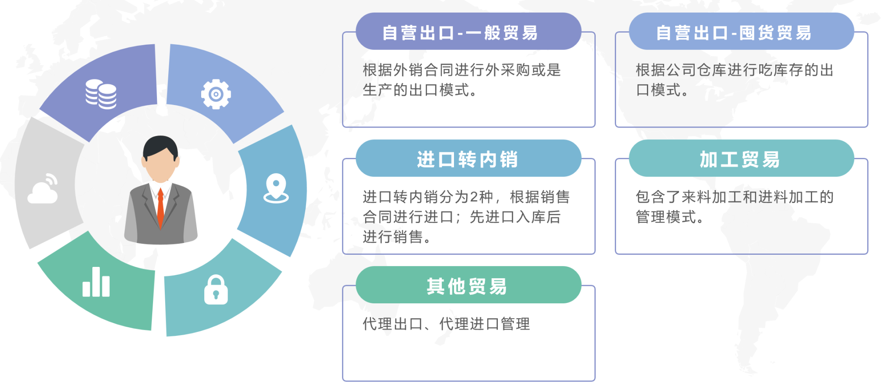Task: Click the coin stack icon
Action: click(101, 94)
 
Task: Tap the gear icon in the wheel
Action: click(215, 94)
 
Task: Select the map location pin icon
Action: click(276, 188)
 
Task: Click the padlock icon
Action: click(216, 290)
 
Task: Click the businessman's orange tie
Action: click(160, 206)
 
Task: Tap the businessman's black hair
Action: click(160, 145)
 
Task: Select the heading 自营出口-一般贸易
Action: click(460, 33)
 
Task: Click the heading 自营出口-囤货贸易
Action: click(734, 33)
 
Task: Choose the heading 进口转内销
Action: click(468, 160)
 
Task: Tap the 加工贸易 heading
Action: click(740, 160)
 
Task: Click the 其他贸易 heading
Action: click(467, 286)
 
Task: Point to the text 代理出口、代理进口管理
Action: click(446, 324)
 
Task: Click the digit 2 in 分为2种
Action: click(475, 197)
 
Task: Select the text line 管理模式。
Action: click(669, 217)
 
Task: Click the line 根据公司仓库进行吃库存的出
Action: click(735, 70)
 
